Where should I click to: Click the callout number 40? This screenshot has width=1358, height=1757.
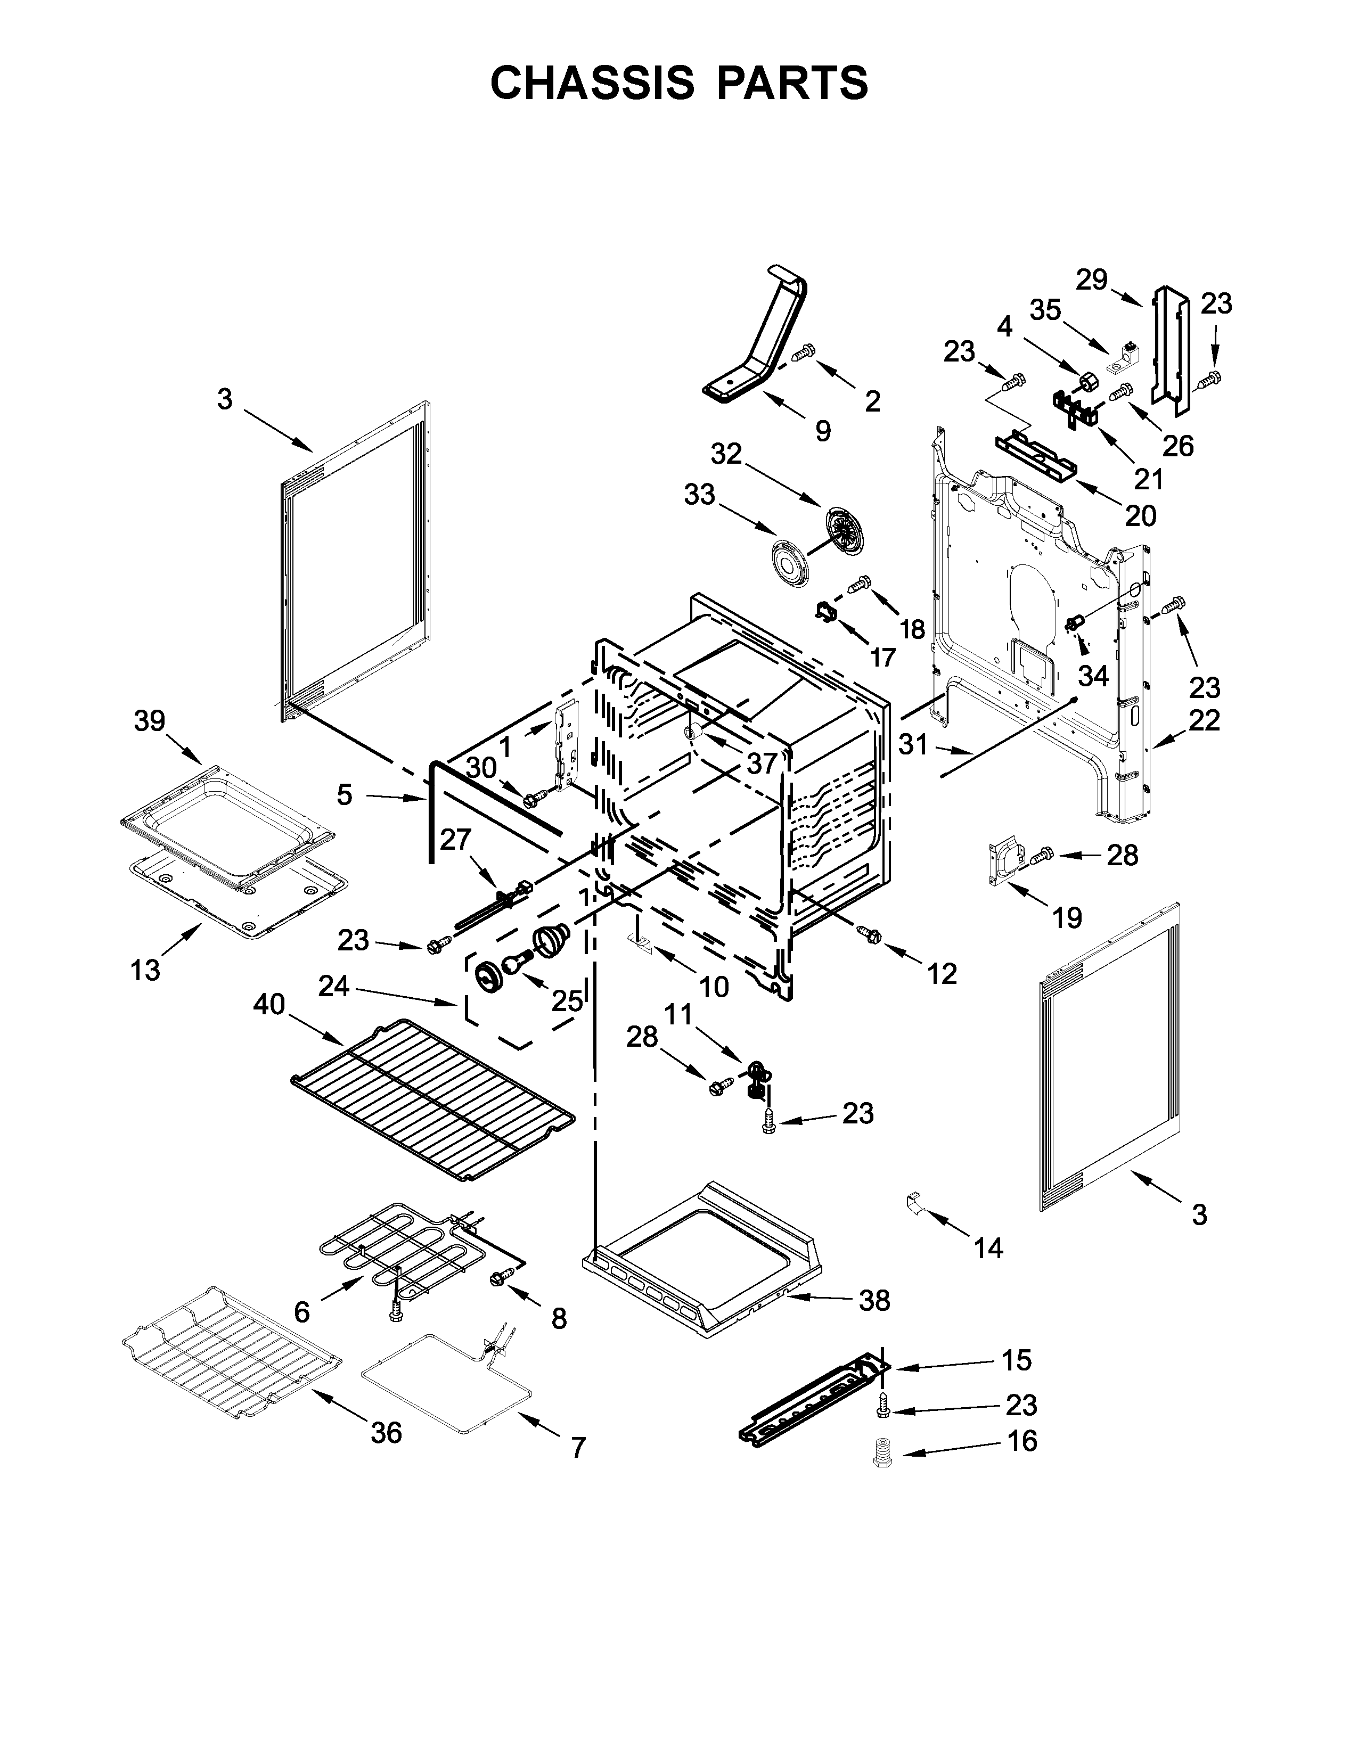(x=269, y=1004)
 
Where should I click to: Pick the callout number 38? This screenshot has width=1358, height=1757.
(x=874, y=1299)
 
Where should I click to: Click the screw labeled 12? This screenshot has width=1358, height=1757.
(x=869, y=934)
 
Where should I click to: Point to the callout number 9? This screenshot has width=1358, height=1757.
(x=822, y=431)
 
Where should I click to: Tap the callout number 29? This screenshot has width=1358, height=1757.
(x=1092, y=280)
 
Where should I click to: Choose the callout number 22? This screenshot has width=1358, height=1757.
(x=1204, y=720)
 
